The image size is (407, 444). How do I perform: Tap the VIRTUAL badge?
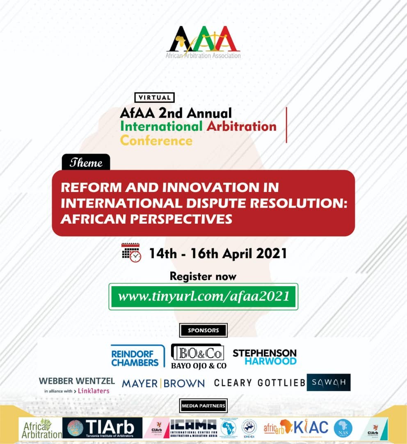point(154,97)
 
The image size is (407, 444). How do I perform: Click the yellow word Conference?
point(156,141)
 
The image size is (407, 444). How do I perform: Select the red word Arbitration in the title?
point(241,126)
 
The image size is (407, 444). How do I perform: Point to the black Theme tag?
point(86,162)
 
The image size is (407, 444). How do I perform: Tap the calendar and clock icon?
point(131,252)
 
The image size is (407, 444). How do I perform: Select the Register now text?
point(203,276)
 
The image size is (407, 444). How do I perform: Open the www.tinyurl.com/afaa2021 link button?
point(203,296)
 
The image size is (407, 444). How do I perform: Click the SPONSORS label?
point(203,330)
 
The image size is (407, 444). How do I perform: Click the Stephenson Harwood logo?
point(264,356)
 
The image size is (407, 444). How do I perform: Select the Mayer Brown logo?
point(163,384)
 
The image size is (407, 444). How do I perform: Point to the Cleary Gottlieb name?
point(259,383)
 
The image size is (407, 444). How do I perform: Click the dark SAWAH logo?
point(329,382)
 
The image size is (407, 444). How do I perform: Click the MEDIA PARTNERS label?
point(203,406)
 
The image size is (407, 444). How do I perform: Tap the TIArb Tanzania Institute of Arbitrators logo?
point(102,428)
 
